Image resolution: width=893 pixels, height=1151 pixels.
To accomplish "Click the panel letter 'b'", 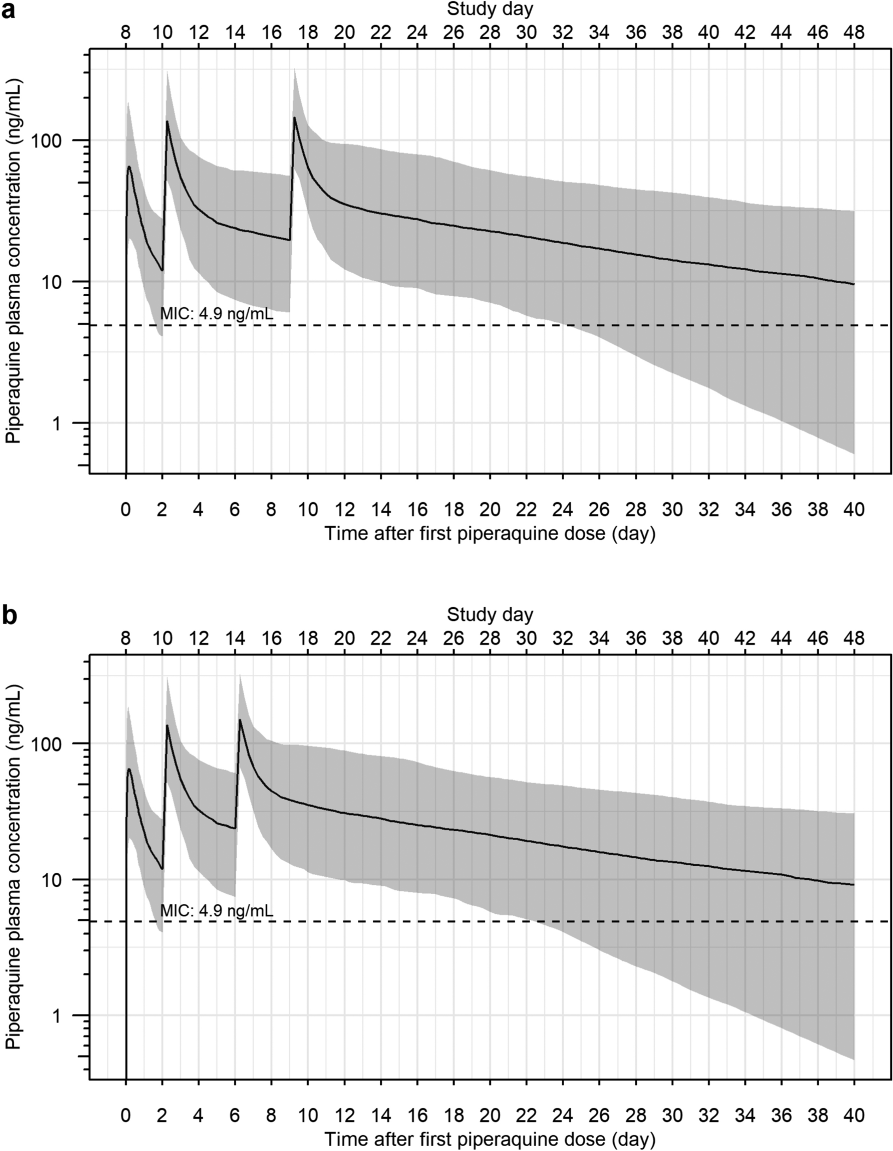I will (9, 616).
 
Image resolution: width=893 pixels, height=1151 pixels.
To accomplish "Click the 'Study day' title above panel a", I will (490, 9).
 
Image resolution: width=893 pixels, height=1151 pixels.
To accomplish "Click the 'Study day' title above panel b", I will (490, 614).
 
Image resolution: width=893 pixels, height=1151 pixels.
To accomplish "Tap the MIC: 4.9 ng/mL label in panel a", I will (216, 314).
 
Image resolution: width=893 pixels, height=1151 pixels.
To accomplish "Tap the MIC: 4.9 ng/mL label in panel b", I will (216, 911).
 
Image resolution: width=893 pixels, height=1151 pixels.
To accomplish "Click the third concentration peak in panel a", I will (295, 118).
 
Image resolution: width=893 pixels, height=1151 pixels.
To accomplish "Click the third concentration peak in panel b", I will (240, 720).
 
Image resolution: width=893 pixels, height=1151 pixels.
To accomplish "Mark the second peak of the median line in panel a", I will (167, 121).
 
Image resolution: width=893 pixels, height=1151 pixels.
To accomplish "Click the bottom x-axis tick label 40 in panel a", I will (854, 510).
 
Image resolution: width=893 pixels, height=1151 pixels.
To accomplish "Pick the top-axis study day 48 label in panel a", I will (854, 33).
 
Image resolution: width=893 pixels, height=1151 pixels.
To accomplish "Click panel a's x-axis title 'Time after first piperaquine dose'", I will (490, 533).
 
